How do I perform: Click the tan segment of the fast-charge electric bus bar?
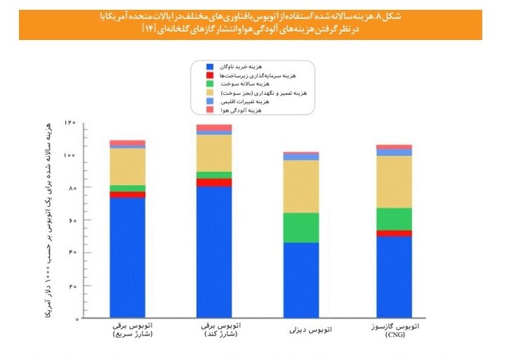point(127,166)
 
